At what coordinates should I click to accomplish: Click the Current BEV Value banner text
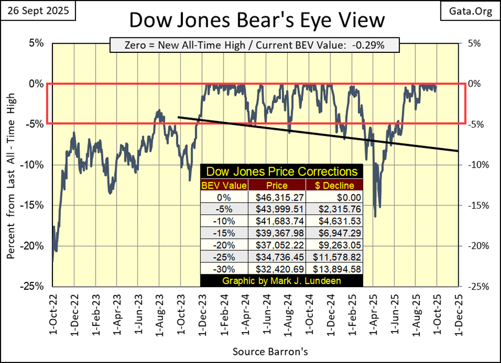(x=254, y=45)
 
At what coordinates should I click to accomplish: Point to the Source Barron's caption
(x=270, y=352)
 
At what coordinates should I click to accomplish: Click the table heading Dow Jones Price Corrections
(x=282, y=171)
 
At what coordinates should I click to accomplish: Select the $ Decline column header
(x=334, y=185)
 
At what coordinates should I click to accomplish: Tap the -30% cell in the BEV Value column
(x=224, y=268)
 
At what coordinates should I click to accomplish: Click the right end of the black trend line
(x=457, y=151)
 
